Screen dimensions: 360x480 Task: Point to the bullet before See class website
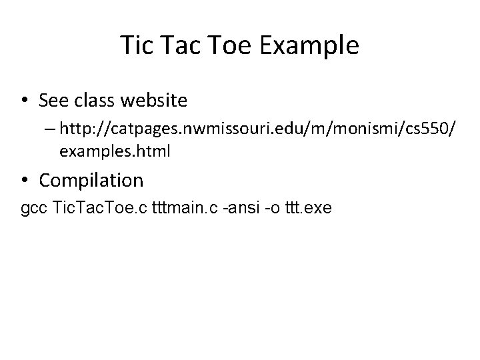coord(25,101)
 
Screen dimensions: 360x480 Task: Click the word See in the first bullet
coord(53,101)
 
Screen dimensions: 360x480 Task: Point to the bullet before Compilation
coord(25,179)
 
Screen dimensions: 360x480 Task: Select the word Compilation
coord(91,179)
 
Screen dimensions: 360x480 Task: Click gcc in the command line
coord(35,209)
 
